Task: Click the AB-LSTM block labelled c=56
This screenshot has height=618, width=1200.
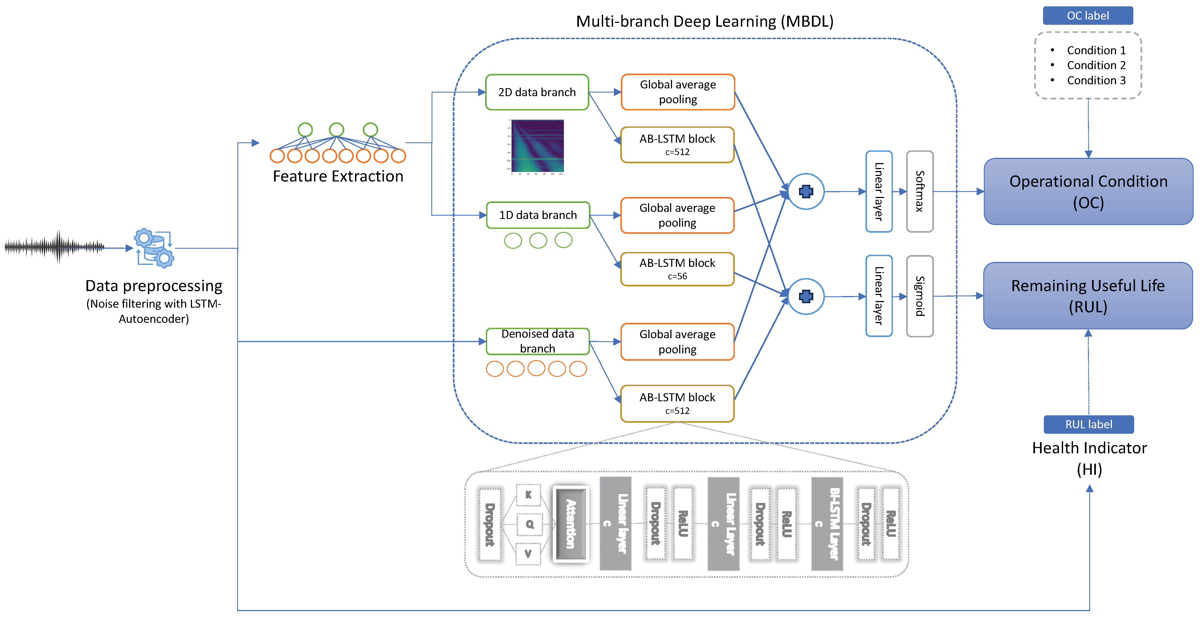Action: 677,269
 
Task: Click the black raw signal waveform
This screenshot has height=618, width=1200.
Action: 55,247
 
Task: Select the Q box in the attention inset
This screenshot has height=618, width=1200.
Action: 529,524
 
